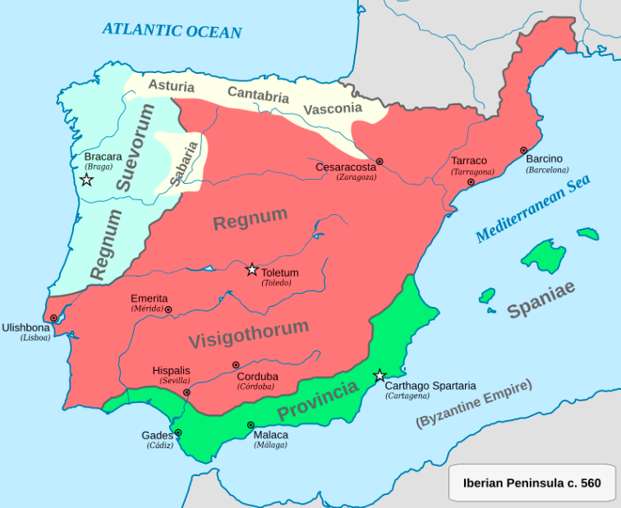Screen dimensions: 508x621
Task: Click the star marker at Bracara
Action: (86, 179)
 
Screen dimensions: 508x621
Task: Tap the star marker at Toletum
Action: (252, 269)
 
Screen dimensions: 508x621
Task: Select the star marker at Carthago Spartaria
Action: (379, 376)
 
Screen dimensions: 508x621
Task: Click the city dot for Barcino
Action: (523, 150)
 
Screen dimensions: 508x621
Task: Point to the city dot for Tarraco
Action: (471, 182)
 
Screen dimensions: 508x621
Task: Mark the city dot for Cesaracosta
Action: (379, 162)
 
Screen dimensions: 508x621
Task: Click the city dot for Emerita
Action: (168, 310)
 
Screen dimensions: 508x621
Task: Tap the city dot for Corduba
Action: (236, 364)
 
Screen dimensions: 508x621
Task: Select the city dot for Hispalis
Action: (187, 392)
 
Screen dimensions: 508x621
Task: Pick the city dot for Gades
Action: (178, 432)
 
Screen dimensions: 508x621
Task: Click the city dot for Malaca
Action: (251, 425)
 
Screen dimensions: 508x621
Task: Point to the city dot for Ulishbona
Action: (53, 318)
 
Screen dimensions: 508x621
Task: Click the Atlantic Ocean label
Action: (172, 30)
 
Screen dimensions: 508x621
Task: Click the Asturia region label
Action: (171, 85)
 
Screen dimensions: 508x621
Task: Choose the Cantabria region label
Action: (258, 94)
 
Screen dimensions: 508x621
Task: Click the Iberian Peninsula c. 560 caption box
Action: (531, 483)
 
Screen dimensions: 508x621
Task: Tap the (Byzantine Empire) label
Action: (474, 403)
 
